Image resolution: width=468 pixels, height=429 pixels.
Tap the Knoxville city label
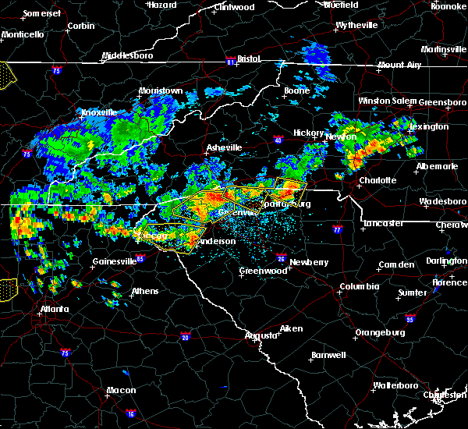coord(98,112)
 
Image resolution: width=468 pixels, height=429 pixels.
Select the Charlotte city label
coord(378,180)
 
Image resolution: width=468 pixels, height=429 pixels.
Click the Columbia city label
coord(359,286)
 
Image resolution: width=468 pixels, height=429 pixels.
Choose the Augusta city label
coord(261,335)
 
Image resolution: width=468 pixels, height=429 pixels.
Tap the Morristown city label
coord(161,90)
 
